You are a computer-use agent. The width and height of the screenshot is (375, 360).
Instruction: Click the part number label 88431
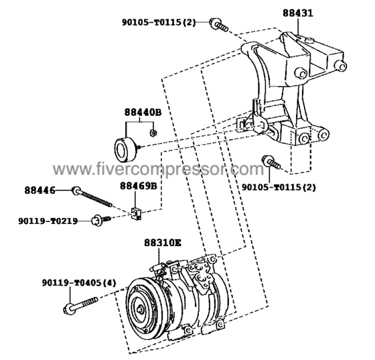[298, 13]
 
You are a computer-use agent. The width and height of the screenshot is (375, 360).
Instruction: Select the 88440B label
[143, 112]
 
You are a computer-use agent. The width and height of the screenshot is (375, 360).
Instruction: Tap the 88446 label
[40, 190]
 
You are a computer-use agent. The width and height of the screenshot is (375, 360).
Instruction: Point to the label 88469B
[139, 186]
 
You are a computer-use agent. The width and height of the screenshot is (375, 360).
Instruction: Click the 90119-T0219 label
[48, 221]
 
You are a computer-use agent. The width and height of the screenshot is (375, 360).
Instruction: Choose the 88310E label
[163, 243]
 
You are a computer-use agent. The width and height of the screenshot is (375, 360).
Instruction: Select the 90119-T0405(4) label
[79, 283]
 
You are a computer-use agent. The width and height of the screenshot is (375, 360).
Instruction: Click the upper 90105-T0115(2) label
[159, 22]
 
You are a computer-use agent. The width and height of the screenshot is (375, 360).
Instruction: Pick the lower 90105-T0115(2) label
[279, 187]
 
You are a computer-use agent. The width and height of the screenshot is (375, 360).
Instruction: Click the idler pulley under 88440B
[125, 149]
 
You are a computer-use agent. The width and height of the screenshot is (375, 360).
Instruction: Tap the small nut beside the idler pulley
[153, 132]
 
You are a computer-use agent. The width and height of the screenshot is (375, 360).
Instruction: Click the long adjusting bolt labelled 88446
[92, 197]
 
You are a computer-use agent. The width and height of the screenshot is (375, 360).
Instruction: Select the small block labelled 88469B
[137, 213]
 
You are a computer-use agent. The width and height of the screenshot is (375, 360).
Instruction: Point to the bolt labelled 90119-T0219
[101, 220]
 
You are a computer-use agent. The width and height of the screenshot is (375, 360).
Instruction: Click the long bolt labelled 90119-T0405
[81, 306]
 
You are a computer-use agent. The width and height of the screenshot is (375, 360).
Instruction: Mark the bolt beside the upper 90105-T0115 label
[218, 25]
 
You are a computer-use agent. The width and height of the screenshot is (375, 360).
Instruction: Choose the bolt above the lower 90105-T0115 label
[271, 162]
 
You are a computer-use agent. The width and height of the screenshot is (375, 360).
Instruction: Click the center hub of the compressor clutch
[141, 310]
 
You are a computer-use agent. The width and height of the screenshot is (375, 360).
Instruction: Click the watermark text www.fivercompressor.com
[158, 170]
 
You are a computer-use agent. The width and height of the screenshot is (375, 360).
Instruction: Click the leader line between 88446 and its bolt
[64, 190]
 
